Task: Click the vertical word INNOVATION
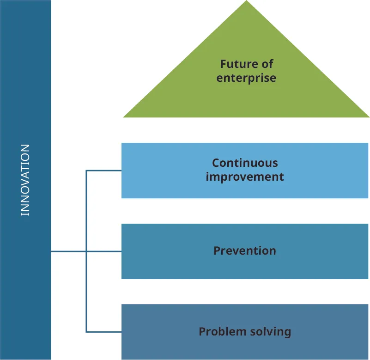pos(25,180)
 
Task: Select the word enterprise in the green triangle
pos(246,77)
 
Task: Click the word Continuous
pos(245,163)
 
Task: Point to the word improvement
pos(245,177)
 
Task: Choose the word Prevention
pos(245,251)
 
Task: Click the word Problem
pos(218,331)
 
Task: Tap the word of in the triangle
pos(267,64)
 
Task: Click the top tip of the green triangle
pos(246,1)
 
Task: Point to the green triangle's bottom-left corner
pos(124,116)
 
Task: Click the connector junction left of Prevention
pos(86,251)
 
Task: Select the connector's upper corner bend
pos(86,171)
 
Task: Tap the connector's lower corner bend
pos(86,331)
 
